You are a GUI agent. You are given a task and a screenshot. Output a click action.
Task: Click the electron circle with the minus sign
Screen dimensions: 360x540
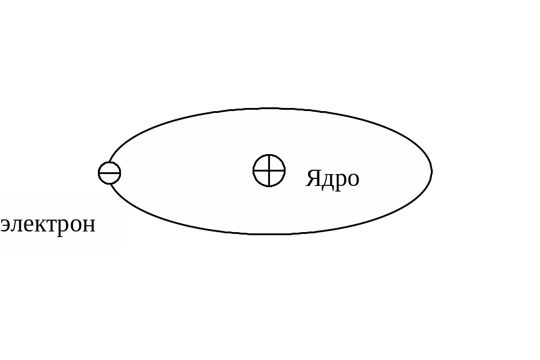pyautogui.click(x=110, y=173)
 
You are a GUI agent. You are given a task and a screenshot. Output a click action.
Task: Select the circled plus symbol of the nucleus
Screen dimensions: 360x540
pyautogui.click(x=269, y=170)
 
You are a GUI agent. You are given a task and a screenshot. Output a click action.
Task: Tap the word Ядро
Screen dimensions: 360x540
pyautogui.click(x=332, y=178)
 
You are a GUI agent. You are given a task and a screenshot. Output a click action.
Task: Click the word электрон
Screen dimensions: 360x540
pyautogui.click(x=48, y=224)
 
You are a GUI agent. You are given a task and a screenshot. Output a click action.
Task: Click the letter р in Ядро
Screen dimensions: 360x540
pyautogui.click(x=340, y=180)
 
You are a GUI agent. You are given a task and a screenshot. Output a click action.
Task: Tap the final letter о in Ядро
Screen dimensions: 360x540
pyautogui.click(x=353, y=179)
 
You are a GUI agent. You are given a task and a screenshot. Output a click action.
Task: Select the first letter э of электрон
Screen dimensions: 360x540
pyautogui.click(x=5, y=225)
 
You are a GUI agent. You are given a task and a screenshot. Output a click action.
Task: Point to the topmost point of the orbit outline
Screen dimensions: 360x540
pyautogui.click(x=269, y=109)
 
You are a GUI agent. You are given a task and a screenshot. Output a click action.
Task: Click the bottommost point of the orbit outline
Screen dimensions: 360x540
pyautogui.click(x=269, y=234)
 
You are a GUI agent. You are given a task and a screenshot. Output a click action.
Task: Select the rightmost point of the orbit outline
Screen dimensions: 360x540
pyautogui.click(x=432, y=171)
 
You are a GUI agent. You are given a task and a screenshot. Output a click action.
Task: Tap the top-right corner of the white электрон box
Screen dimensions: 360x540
pyautogui.click(x=127, y=198)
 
